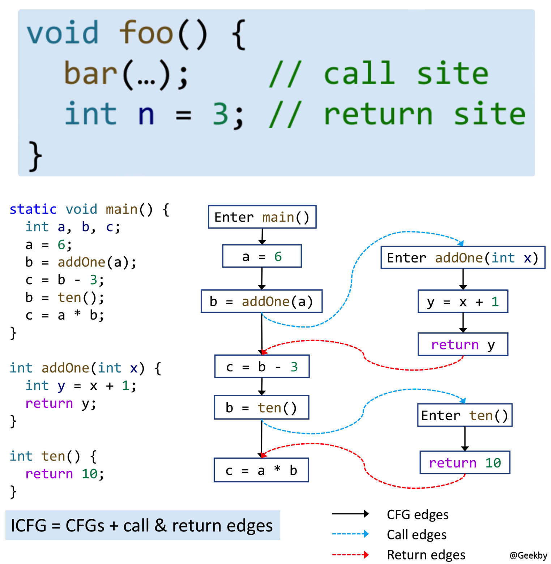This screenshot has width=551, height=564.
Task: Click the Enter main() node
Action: point(262,217)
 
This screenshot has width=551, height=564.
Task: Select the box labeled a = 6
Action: point(262,256)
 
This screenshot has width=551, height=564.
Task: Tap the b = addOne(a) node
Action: point(261,301)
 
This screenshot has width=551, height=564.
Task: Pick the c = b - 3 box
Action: point(262,367)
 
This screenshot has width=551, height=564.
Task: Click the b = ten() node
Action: point(261,407)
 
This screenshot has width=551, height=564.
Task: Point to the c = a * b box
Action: point(261,470)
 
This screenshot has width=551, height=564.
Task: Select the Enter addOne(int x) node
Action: point(462,258)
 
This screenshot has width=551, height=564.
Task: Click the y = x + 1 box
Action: point(463,302)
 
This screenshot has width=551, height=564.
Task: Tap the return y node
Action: point(463,345)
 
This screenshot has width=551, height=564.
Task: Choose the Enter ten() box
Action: point(465,415)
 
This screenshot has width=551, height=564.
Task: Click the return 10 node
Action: point(465,462)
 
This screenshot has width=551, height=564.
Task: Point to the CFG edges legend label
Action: point(417,514)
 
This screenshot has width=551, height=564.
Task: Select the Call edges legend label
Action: point(417,534)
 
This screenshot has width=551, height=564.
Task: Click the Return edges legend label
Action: point(426,555)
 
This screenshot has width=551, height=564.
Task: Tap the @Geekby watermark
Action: point(528,555)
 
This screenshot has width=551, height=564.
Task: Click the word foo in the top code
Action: point(146,33)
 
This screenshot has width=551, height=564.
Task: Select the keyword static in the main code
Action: point(33,209)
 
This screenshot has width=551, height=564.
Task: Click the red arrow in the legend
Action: point(350,555)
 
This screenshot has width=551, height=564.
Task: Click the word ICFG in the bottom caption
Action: point(29,525)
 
